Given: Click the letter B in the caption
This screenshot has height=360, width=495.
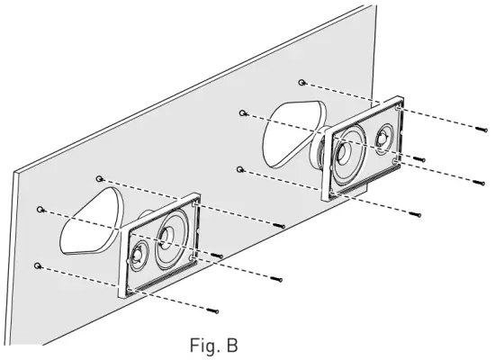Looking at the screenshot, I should click(x=232, y=345).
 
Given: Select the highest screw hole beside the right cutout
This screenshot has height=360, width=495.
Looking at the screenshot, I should click(x=302, y=82).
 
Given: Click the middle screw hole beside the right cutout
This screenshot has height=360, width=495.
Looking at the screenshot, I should click(x=243, y=113).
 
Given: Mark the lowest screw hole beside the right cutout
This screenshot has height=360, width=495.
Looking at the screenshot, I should click(x=238, y=168).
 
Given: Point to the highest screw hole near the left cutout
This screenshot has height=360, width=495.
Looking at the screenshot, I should click(x=100, y=178).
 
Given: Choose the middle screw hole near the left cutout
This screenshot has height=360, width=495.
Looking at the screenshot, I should click(x=40, y=209).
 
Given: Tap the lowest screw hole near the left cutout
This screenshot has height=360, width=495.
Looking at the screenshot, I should click(x=37, y=265).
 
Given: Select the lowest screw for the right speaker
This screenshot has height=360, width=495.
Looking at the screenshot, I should click(x=416, y=214).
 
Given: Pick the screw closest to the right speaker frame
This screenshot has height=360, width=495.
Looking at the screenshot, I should click(x=418, y=159).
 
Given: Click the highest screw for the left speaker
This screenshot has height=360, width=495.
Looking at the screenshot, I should click(x=281, y=224).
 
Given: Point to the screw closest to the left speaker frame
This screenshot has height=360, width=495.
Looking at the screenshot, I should click(x=218, y=255).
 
